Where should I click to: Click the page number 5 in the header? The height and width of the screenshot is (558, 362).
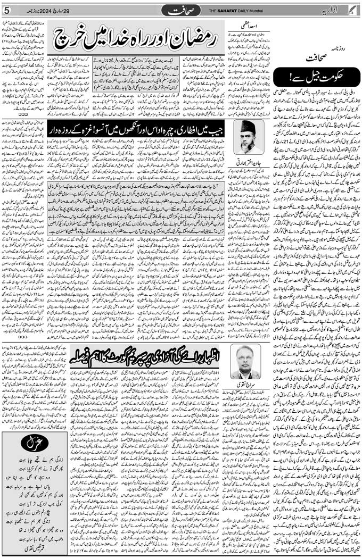(x=6, y=10)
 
